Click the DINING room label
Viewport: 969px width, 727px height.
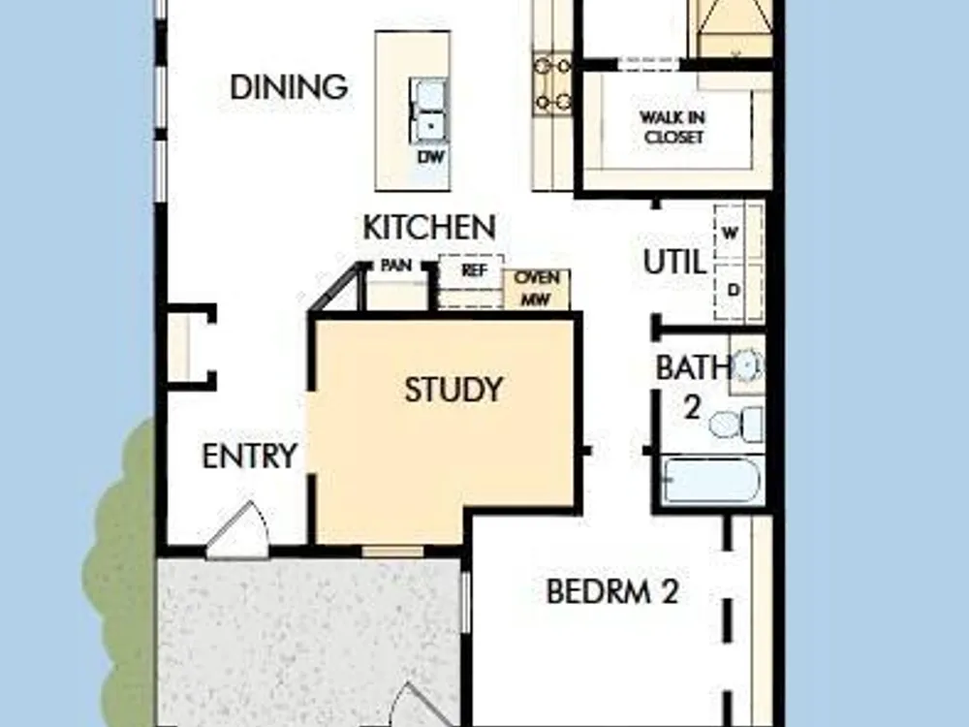(x=289, y=87)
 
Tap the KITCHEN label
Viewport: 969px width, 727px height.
(x=429, y=227)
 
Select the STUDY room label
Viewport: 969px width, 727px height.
(x=453, y=390)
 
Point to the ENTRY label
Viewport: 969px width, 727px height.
(x=250, y=457)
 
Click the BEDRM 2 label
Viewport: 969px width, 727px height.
(x=612, y=591)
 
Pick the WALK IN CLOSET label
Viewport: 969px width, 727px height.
(x=673, y=127)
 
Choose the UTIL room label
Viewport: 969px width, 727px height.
(x=674, y=262)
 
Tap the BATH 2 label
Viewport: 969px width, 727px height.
(x=693, y=387)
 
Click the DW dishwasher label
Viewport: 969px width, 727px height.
(x=431, y=157)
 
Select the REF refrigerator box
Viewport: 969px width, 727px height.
(x=471, y=281)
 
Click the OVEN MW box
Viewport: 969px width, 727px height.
(x=537, y=289)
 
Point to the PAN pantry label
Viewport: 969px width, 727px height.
(x=396, y=266)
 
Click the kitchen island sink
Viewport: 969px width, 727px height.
(x=427, y=111)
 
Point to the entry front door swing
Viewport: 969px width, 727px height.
(x=238, y=529)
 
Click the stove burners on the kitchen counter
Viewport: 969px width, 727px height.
(x=552, y=83)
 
